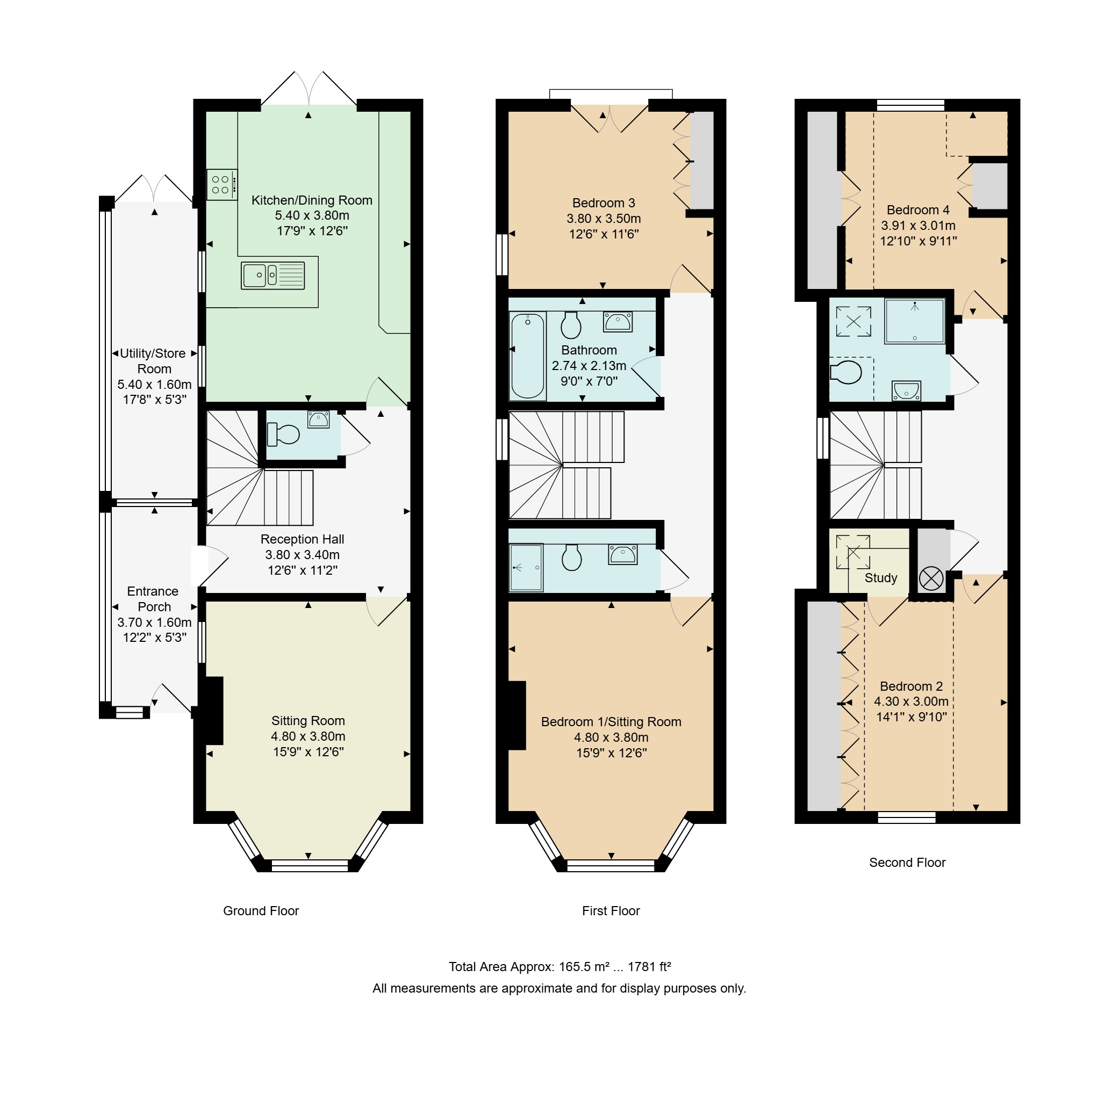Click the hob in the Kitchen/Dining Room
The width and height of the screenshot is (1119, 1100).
pos(222,184)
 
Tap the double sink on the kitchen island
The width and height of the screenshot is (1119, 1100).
pos(273,275)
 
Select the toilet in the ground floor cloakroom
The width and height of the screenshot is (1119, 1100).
pos(283,435)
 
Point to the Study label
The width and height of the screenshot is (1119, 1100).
pos(881,578)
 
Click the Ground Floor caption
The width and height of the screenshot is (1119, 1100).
pos(261,910)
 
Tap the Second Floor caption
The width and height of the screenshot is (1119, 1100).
pos(907,863)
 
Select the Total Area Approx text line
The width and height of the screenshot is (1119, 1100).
pos(559,967)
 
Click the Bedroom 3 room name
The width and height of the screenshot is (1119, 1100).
pos(604,203)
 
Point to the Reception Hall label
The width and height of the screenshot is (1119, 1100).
pos(302,539)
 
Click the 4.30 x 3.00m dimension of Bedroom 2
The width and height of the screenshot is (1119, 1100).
pos(911,701)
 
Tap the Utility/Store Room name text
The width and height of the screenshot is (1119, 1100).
pos(153,361)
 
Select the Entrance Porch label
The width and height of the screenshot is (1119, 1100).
pos(153,599)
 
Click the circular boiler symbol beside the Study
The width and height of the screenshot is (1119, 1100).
pos(931,578)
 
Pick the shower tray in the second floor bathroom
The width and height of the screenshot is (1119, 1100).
pos(914,321)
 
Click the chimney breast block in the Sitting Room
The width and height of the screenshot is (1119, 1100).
pos(213,711)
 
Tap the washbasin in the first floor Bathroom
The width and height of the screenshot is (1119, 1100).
pos(618,322)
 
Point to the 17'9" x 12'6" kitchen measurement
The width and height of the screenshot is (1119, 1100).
pos(312,231)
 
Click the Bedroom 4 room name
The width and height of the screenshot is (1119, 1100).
pos(918,209)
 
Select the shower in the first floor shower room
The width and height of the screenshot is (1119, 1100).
pos(526,567)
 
